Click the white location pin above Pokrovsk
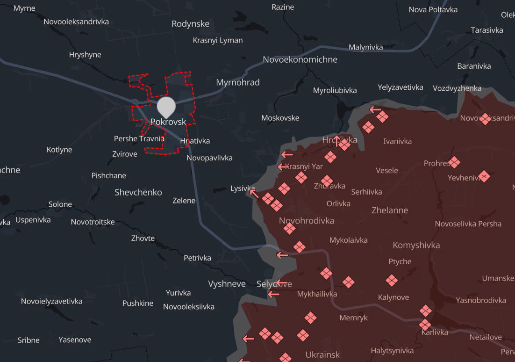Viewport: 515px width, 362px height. [x=166, y=107]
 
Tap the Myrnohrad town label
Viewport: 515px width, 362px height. [x=238, y=82]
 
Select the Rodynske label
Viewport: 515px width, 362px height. [x=190, y=24]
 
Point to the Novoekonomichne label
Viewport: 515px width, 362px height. [x=300, y=59]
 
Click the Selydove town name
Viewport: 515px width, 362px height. [x=274, y=284]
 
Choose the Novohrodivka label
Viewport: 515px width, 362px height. [x=306, y=220]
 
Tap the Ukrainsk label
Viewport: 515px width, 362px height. [x=322, y=354]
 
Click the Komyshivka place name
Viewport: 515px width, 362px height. [x=416, y=245]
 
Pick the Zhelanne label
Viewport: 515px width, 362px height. [x=390, y=210]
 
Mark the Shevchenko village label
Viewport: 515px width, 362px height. [x=138, y=192]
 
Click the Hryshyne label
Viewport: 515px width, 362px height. [x=85, y=55]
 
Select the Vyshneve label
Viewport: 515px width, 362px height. [x=227, y=284]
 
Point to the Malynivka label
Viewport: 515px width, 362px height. [x=365, y=47]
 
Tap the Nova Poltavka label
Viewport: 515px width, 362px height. [x=433, y=10]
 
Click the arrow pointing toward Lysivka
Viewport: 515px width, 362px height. [x=254, y=192]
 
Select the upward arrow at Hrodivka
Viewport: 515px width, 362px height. [x=337, y=139]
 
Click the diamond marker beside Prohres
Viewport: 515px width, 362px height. [x=454, y=162]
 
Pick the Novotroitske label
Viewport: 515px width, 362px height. [x=93, y=222]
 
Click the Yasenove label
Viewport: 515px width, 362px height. [x=75, y=340]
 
